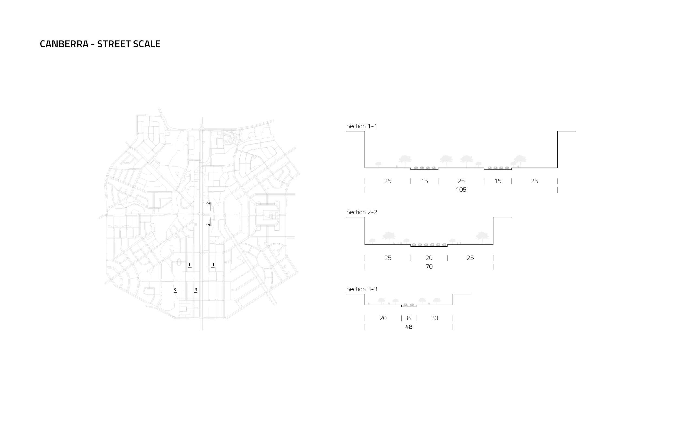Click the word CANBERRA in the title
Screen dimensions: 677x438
[x=64, y=44]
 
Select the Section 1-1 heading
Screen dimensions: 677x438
[x=362, y=126]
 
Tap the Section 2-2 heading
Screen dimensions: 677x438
[x=362, y=212]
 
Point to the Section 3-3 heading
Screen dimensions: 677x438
[x=362, y=289]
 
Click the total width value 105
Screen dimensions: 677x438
[x=461, y=190]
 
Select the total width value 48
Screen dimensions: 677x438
[x=409, y=327]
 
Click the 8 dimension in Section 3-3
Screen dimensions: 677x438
[x=409, y=318]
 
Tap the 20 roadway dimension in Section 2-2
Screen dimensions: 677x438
[x=429, y=258]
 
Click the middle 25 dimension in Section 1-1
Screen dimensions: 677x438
[x=461, y=181]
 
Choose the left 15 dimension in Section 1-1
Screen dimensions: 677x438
[x=424, y=181]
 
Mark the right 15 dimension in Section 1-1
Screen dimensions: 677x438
[x=498, y=181]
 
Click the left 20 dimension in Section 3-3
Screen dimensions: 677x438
[x=383, y=318]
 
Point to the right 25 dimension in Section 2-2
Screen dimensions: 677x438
[x=470, y=258]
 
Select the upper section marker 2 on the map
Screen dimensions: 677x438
[x=209, y=204]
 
